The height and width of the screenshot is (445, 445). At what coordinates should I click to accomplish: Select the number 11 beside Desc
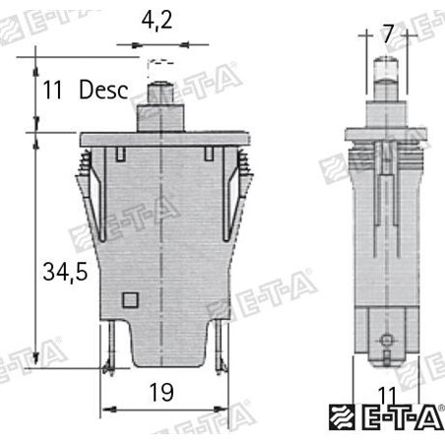tap(53, 92)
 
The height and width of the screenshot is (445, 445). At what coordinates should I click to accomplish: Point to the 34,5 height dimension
tap(65, 270)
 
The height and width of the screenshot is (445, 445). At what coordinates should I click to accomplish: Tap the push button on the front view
tap(158, 99)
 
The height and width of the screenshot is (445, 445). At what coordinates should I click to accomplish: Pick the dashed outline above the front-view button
tap(158, 65)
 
